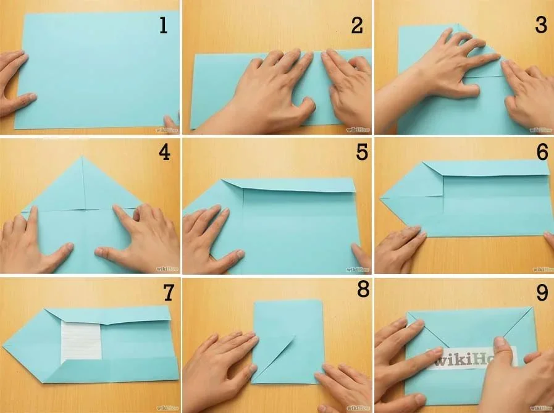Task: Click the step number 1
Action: (163, 25)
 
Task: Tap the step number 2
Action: (357, 25)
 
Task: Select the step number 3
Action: (542, 25)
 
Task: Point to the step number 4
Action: (164, 152)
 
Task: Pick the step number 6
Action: (542, 152)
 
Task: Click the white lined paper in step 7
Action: (81, 340)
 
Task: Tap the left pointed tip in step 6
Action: (382, 198)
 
